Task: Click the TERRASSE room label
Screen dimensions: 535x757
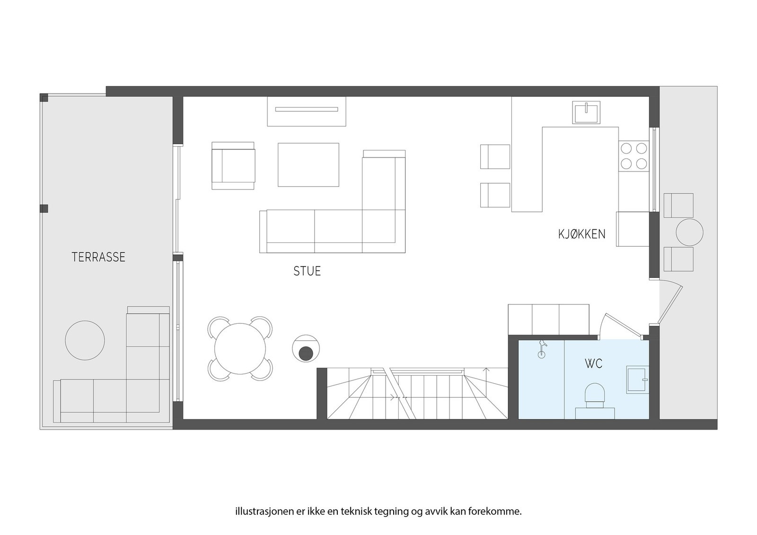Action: point(98,257)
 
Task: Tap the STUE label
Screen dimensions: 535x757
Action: point(307,271)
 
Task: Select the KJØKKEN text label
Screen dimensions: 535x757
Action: point(581,234)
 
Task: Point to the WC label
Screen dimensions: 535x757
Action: point(593,364)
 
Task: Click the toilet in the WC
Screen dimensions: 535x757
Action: point(595,396)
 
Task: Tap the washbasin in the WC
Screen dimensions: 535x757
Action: point(637,379)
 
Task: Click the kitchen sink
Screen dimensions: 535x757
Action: point(586,112)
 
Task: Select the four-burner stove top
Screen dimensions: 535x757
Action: point(634,156)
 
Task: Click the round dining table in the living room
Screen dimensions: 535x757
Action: point(240,349)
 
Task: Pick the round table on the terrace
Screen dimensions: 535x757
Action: point(85,340)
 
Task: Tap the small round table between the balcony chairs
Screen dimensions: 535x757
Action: point(689,232)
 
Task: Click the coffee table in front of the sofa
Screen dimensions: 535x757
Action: point(308,165)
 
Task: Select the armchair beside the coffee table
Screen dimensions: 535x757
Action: point(233,165)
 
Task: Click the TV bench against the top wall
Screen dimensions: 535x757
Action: point(307,111)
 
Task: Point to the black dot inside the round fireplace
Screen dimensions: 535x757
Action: point(306,353)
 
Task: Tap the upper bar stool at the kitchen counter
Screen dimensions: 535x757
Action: point(495,156)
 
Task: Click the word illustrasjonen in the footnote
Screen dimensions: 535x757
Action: point(259,511)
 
